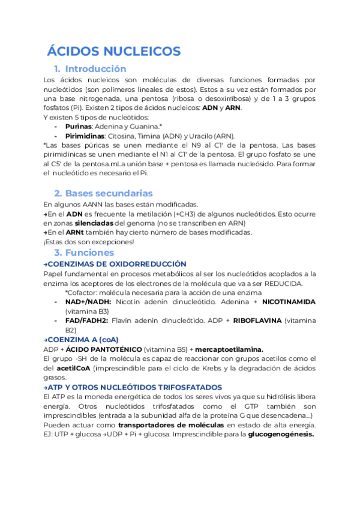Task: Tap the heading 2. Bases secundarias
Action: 103,193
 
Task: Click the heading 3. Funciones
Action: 84,253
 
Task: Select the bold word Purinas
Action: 78,127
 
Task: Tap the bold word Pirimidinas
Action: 85,136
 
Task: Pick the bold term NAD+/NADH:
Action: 87,302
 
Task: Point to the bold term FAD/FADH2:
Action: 87,321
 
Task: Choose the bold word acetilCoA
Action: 82,368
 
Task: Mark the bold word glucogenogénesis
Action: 281,435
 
